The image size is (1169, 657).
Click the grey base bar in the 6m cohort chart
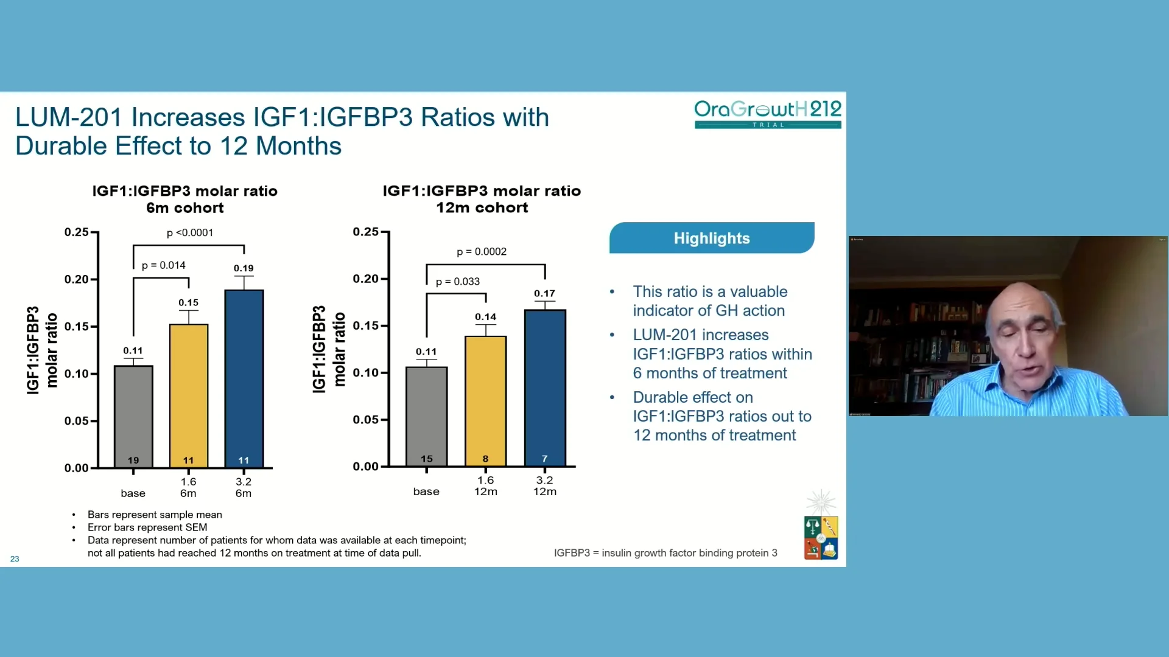(x=133, y=417)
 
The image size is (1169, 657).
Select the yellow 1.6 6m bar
(x=189, y=395)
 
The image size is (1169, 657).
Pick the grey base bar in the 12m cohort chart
(x=426, y=417)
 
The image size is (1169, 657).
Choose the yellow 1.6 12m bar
(x=485, y=401)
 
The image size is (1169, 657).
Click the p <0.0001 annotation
(x=190, y=232)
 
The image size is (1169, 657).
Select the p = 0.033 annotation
(x=457, y=282)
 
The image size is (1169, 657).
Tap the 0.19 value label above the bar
(x=244, y=268)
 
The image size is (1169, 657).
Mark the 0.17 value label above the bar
(x=544, y=293)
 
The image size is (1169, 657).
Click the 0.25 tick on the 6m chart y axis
(x=77, y=232)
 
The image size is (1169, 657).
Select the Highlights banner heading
(x=711, y=238)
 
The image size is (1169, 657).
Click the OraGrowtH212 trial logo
(x=767, y=114)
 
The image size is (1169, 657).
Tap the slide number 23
(x=15, y=558)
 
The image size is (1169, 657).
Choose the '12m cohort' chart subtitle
(x=482, y=207)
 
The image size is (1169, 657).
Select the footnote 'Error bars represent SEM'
(x=147, y=527)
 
